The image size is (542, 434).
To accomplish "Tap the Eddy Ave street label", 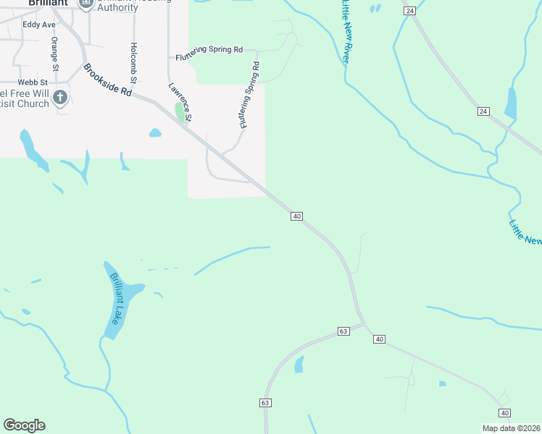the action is (39, 25).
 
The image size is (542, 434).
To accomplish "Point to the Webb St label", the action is (33, 83).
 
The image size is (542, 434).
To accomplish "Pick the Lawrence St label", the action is (180, 101).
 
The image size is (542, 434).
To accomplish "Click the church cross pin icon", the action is (60, 96).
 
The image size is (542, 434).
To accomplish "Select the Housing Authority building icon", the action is (87, 4).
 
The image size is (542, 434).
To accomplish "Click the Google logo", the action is (24, 425).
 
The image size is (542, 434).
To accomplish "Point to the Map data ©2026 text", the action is (511, 428).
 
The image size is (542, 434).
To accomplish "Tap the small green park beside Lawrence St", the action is (180, 112).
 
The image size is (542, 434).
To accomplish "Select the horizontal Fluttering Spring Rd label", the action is (209, 50).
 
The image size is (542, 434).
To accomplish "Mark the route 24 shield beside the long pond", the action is (483, 111).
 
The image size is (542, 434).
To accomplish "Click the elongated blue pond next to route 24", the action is (511, 103).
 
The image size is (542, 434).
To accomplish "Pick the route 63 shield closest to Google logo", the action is (265, 402).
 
